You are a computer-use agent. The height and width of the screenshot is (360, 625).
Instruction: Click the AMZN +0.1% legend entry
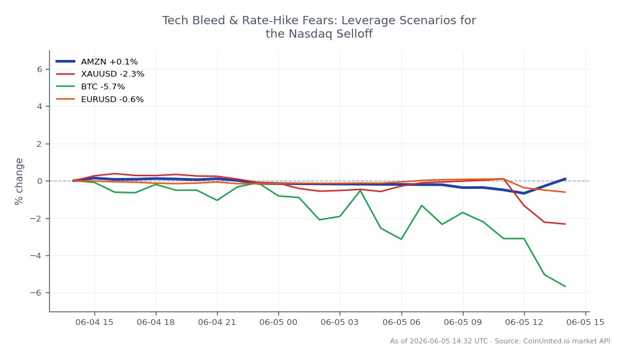(x=97, y=61)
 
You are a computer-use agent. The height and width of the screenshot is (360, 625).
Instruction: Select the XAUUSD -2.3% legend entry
(x=100, y=74)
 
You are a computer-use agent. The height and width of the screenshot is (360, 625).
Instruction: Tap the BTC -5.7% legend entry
(x=91, y=87)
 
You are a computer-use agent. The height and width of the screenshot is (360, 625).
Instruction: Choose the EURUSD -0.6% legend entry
(x=100, y=100)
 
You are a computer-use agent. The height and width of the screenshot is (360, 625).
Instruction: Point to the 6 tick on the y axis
(x=40, y=70)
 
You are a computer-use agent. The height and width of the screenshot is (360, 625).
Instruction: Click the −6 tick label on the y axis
(x=36, y=292)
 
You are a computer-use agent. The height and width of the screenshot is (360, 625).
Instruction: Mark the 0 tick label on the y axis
(x=40, y=181)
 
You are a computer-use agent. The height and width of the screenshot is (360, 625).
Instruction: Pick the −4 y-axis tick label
(x=36, y=255)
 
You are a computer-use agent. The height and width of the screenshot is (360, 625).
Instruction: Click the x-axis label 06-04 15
(x=94, y=322)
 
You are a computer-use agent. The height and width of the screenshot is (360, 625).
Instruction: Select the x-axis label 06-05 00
(x=278, y=322)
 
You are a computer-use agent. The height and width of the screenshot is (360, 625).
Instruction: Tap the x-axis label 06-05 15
(x=585, y=322)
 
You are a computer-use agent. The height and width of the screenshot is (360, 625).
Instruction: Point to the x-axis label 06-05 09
(x=463, y=322)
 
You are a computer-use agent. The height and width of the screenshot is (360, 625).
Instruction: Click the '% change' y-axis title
(x=19, y=181)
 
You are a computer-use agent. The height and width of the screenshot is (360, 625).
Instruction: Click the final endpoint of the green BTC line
(x=565, y=286)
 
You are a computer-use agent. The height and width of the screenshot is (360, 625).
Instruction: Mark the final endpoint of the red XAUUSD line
(x=565, y=224)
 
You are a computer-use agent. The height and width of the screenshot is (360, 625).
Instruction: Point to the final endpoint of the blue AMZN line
(x=565, y=179)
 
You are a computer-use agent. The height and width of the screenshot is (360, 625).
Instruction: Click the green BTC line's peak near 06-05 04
(x=360, y=191)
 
